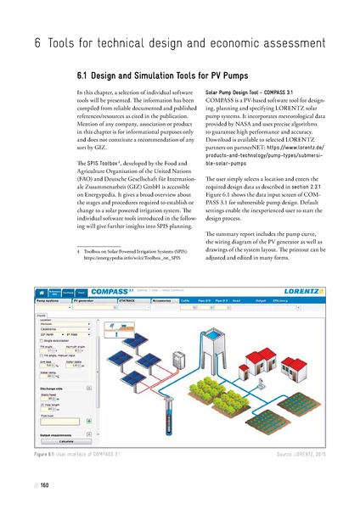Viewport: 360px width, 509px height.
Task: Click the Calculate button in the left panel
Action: (x=57, y=441)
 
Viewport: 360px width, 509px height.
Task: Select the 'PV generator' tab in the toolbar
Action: (x=88, y=299)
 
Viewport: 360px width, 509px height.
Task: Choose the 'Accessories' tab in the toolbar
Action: (x=163, y=299)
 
